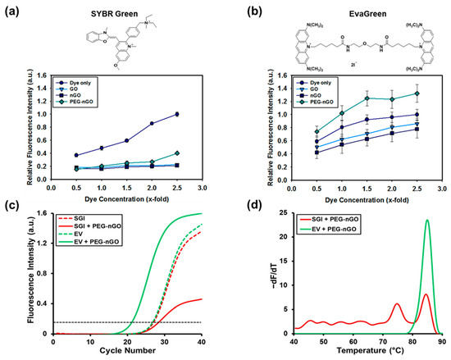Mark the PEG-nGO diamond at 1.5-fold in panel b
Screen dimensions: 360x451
pyautogui.click(x=368, y=98)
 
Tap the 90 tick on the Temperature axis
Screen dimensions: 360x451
pyautogui.click(x=441, y=340)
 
